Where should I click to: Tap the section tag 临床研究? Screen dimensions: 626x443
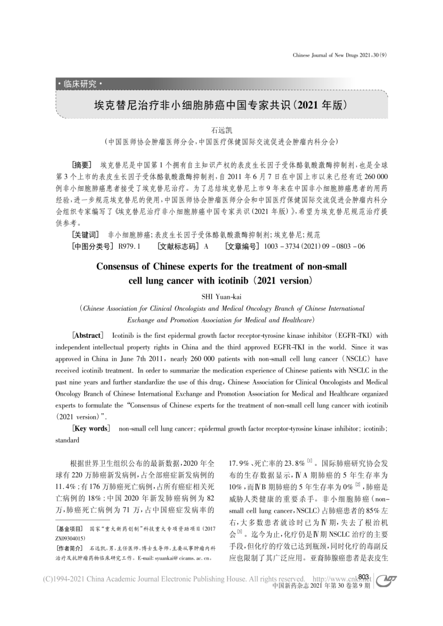(x=80, y=84)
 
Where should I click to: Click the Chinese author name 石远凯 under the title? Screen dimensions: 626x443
(x=221, y=130)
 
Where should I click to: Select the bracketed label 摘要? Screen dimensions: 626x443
(x=82, y=165)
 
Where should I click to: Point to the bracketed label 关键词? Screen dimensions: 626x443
(x=85, y=235)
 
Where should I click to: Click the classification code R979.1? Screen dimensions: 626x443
(x=129, y=246)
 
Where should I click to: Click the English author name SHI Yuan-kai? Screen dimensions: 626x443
(x=221, y=296)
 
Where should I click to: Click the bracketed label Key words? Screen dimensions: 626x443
(x=91, y=428)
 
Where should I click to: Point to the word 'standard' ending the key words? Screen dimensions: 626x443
(x=67, y=440)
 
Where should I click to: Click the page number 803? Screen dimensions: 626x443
(x=363, y=577)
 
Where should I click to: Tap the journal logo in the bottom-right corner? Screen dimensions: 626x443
(x=386, y=579)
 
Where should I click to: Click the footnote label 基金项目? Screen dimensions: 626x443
(x=70, y=529)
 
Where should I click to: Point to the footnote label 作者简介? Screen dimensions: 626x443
(x=70, y=549)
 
